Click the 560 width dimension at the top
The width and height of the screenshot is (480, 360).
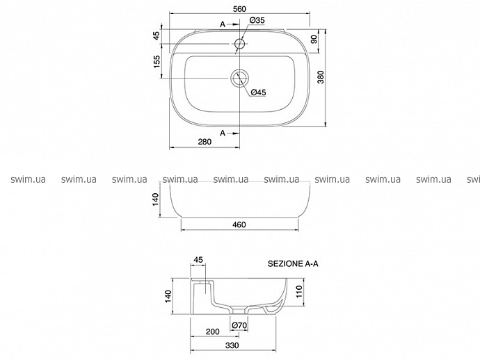[239, 9]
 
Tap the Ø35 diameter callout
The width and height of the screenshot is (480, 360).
[257, 20]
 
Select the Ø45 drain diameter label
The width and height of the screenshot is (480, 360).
[258, 92]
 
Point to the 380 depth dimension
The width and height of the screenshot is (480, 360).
[320, 77]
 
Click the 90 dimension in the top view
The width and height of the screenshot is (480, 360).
[314, 39]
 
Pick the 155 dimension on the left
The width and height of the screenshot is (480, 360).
[157, 61]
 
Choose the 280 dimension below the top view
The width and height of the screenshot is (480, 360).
[205, 142]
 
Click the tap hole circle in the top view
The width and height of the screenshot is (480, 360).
[240, 44]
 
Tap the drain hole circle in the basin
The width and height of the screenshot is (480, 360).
[239, 78]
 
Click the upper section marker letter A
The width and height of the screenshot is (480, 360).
[223, 24]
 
